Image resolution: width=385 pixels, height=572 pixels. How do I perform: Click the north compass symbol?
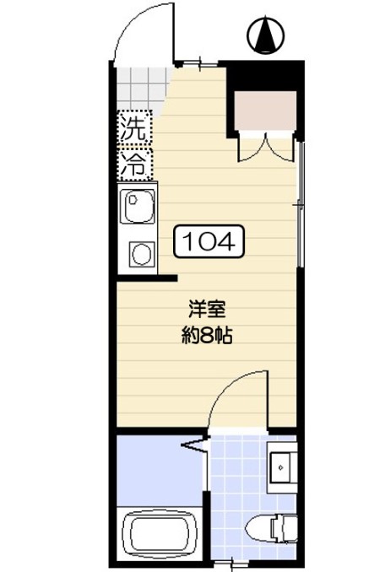[266, 35]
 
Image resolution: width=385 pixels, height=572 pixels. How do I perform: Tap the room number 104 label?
[209, 241]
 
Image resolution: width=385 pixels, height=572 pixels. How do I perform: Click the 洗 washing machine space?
[135, 127]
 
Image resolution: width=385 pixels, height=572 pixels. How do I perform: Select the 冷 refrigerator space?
[135, 164]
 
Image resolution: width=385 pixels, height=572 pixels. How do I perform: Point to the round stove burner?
[142, 254]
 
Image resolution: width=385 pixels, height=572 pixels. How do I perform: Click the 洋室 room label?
[207, 309]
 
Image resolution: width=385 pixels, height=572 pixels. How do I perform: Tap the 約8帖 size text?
[207, 336]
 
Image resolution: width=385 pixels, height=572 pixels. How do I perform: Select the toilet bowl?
[271, 528]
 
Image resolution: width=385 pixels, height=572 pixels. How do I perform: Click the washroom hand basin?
[282, 467]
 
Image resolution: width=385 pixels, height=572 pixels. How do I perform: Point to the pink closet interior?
[265, 111]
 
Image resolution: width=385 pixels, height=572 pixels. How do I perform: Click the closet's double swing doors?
[265, 148]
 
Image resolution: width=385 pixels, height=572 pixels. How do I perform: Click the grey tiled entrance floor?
[142, 88]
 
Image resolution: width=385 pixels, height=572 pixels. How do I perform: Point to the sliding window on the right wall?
[300, 205]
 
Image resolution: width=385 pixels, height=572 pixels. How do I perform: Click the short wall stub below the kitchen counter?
[147, 278]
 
